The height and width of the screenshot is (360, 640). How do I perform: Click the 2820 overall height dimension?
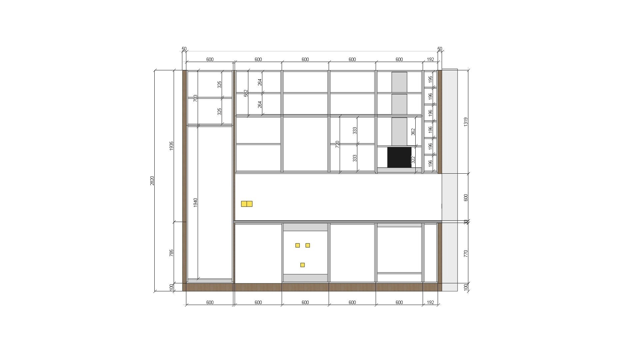point(152,181)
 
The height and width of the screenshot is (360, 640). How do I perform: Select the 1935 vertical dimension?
point(172,146)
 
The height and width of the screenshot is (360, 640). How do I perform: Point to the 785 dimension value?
point(172,253)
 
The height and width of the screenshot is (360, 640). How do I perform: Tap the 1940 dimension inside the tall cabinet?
point(196,202)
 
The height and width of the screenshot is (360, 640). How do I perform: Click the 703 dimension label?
point(196,98)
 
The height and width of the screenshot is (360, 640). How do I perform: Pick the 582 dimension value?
point(246,93)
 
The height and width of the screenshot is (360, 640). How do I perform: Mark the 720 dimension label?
point(337,144)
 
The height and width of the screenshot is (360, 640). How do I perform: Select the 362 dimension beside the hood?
point(413,132)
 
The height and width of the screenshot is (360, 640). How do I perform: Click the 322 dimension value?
point(413,160)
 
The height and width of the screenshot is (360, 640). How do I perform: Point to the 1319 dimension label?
point(466,122)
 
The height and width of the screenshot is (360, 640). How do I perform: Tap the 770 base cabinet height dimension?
point(466,253)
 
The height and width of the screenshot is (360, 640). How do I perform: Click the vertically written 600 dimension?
point(466,197)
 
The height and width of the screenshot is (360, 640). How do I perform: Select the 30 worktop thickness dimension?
point(466,222)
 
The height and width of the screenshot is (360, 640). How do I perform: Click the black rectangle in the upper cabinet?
point(399,157)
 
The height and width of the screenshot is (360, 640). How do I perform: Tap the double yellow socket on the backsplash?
point(247,204)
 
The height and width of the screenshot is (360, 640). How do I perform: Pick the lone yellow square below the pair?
point(302,265)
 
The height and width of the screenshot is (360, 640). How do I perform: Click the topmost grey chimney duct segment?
point(399,82)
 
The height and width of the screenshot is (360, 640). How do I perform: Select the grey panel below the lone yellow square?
point(305,278)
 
